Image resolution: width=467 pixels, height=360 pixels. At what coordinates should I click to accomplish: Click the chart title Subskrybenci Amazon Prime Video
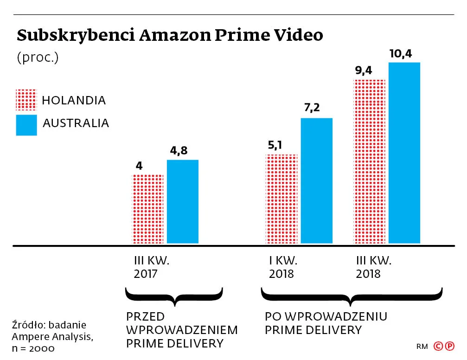click(170, 35)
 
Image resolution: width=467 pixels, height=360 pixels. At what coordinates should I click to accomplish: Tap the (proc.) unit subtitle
click(38, 58)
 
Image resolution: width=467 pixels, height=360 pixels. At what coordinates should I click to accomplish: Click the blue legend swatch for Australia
click(26, 124)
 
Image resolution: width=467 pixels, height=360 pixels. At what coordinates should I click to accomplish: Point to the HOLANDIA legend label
click(73, 100)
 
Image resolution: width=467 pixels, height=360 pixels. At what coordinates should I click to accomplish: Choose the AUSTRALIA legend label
click(76, 123)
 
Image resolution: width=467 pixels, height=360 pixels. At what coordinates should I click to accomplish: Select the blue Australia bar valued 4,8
click(182, 202)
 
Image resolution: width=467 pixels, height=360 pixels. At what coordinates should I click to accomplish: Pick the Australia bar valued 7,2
click(316, 181)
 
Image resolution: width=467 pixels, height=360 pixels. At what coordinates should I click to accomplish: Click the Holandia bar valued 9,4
click(369, 161)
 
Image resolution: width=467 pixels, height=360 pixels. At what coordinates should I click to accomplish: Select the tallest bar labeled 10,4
click(404, 153)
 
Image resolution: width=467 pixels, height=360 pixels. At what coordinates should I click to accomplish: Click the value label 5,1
click(275, 146)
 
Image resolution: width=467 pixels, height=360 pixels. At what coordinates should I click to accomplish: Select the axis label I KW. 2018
click(283, 267)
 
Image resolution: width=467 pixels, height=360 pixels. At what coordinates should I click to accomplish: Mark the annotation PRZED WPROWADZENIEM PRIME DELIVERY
click(181, 330)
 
